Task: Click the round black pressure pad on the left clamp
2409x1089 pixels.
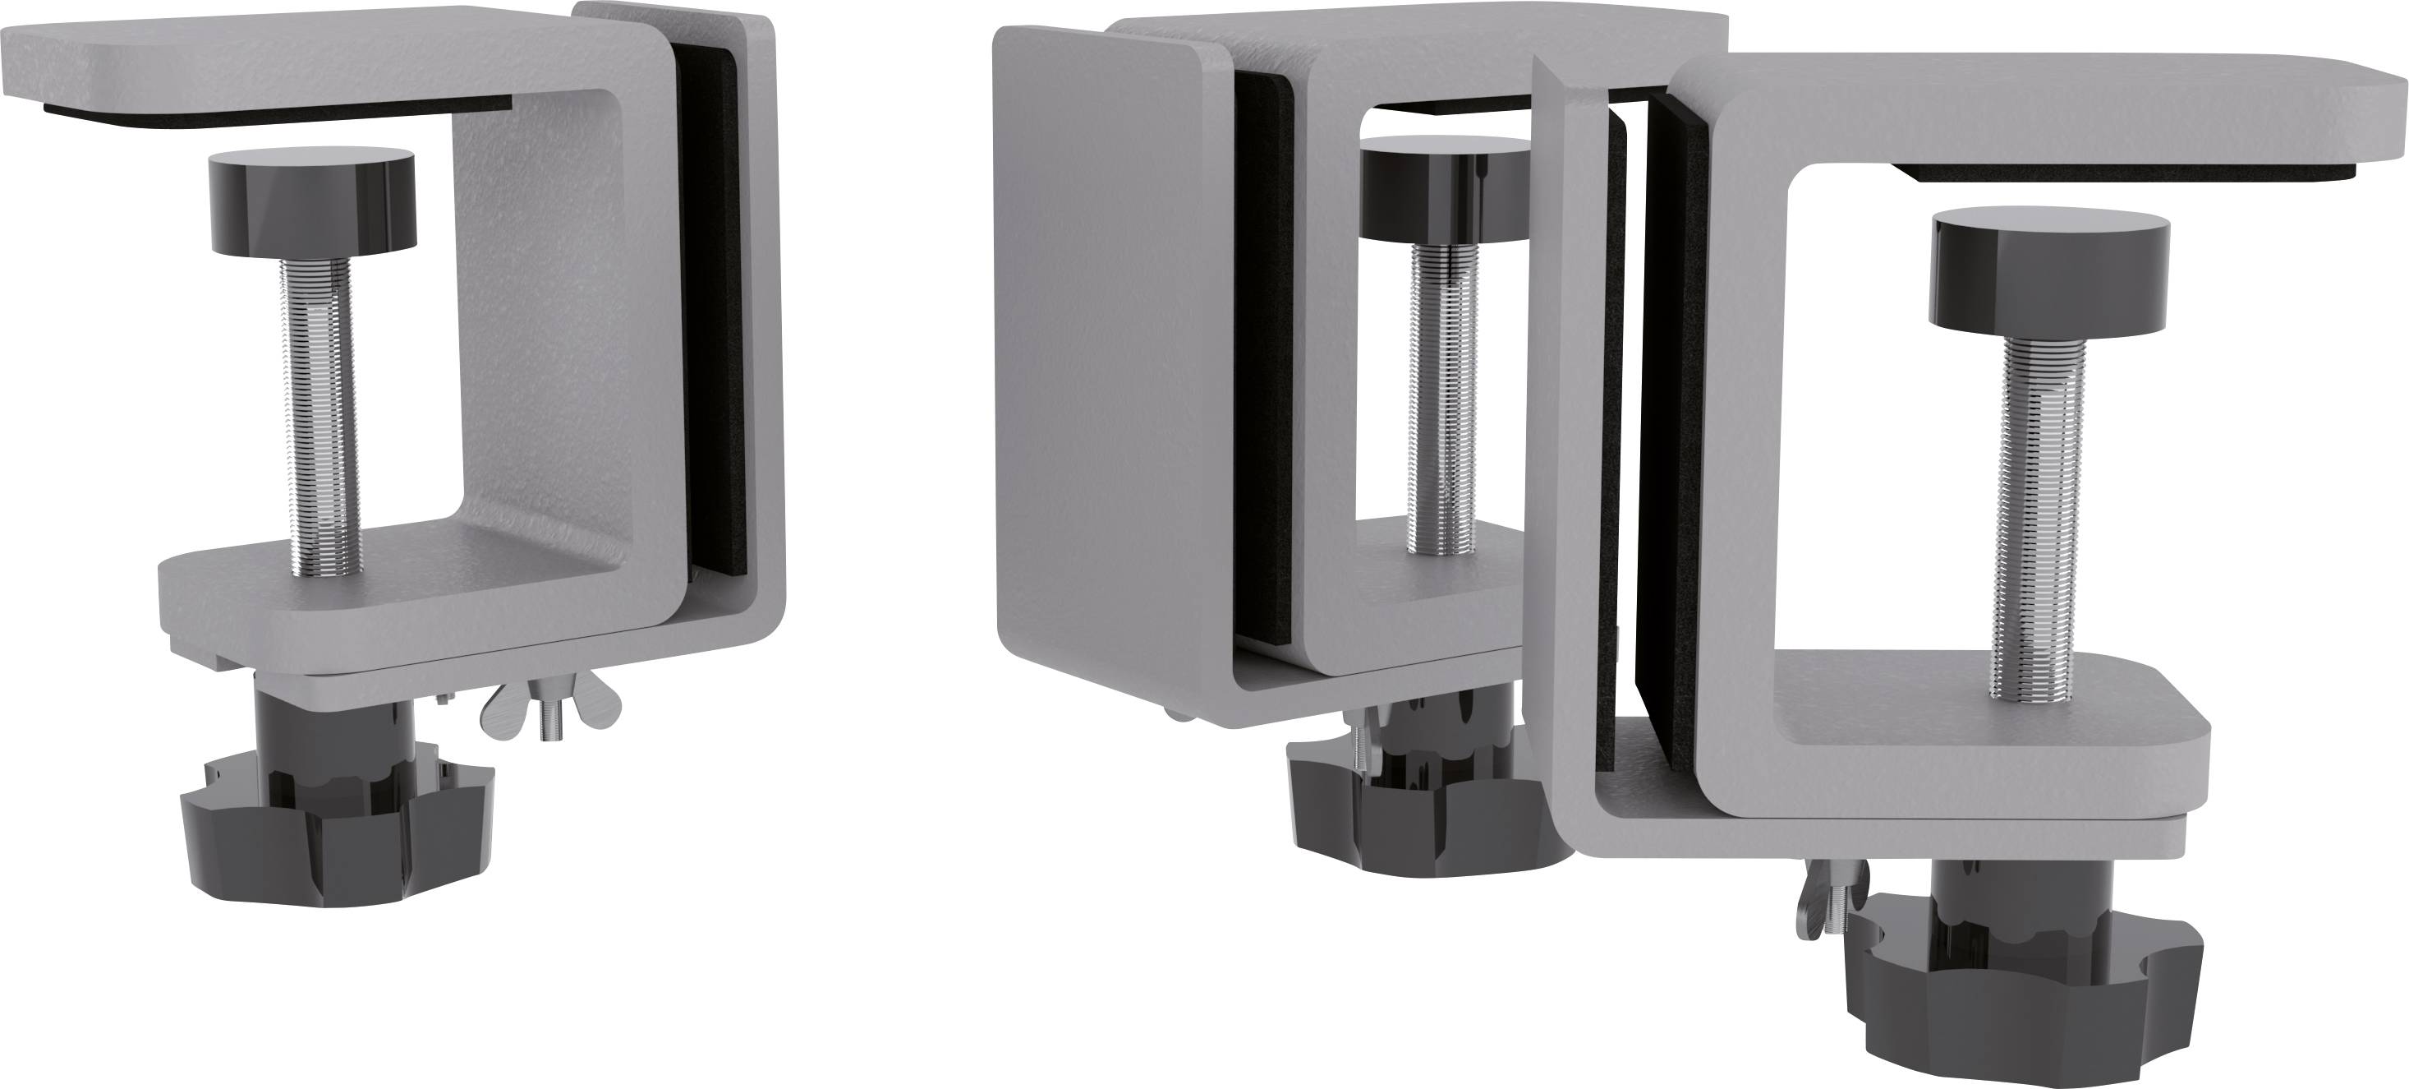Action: click(x=311, y=203)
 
